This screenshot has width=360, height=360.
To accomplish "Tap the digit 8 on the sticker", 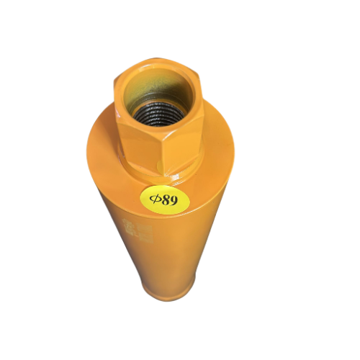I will (167, 199).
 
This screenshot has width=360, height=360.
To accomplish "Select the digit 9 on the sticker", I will (176, 200).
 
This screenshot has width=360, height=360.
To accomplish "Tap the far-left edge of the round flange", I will (89, 155).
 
